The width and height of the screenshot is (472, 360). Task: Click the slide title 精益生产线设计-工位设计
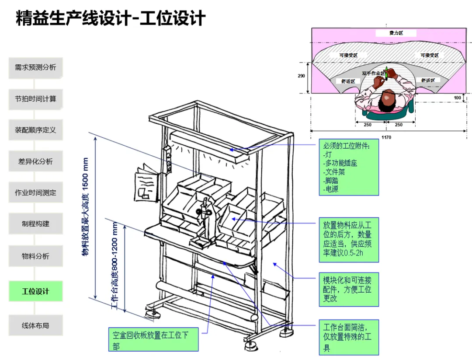click(111, 19)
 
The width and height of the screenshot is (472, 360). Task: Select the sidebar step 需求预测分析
click(36, 68)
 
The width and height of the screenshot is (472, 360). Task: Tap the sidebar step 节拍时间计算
click(36, 99)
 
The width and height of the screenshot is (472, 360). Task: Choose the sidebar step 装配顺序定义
click(36, 130)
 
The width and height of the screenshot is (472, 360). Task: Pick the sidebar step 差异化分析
click(36, 161)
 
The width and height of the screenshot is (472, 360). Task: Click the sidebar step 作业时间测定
click(36, 192)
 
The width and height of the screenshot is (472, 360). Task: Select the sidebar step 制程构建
click(36, 224)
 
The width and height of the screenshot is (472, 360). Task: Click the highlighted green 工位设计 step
click(36, 291)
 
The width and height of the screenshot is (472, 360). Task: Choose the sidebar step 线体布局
click(36, 325)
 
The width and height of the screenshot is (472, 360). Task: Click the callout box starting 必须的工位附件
click(348, 168)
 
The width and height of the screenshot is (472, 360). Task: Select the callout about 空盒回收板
click(153, 340)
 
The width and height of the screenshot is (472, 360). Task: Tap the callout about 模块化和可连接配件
click(348, 290)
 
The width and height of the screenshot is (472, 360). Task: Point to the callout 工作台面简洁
click(348, 337)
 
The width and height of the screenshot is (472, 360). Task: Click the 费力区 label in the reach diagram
click(396, 33)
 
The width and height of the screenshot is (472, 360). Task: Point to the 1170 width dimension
click(386, 137)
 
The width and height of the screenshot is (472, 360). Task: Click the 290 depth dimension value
click(301, 76)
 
